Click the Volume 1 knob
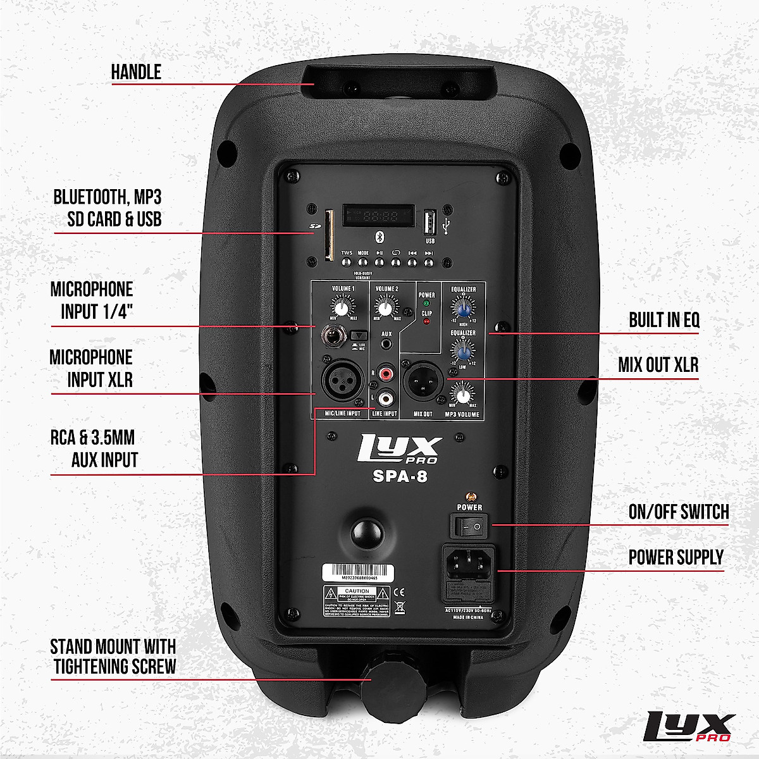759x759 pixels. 342,308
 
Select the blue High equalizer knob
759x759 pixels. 464,309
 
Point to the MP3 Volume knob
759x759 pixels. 464,395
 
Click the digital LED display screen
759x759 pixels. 379,215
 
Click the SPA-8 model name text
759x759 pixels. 400,477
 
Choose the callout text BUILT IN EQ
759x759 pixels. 664,320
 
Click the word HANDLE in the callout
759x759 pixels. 136,72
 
